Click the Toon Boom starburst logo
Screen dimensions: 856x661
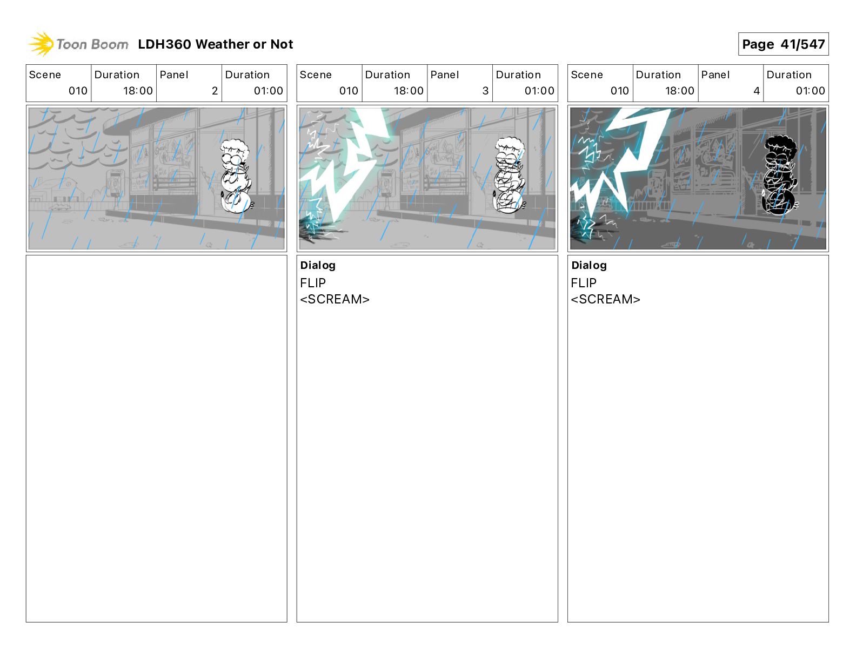pos(41,44)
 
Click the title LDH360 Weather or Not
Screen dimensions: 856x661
pos(216,44)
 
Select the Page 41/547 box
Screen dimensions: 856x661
pos(783,44)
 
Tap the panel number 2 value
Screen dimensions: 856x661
pos(215,91)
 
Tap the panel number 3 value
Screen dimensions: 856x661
pos(485,91)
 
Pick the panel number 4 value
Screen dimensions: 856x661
pos(757,91)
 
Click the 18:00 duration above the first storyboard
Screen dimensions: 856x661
pos(138,91)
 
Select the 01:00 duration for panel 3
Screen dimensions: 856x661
pos(539,91)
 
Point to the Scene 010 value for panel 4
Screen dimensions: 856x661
pos(620,91)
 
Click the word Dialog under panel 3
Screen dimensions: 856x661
pos(318,265)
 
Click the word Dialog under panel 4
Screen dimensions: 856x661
pos(589,265)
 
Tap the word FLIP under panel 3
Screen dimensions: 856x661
pos(313,282)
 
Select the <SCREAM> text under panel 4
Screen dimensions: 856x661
pos(605,299)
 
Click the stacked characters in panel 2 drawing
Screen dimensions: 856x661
pos(236,176)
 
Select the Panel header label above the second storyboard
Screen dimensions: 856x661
pos(445,75)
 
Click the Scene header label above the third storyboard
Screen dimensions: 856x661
pos(586,75)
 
